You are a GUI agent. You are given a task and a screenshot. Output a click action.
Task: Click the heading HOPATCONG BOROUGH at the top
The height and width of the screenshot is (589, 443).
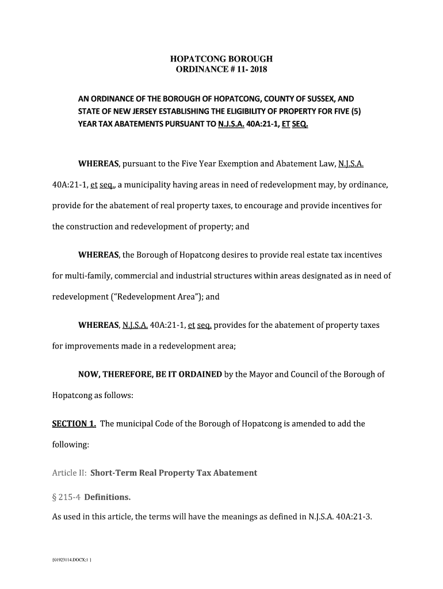[x=221, y=59]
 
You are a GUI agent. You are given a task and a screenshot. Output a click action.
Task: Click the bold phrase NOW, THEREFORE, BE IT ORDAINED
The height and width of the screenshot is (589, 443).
[x=150, y=374]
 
